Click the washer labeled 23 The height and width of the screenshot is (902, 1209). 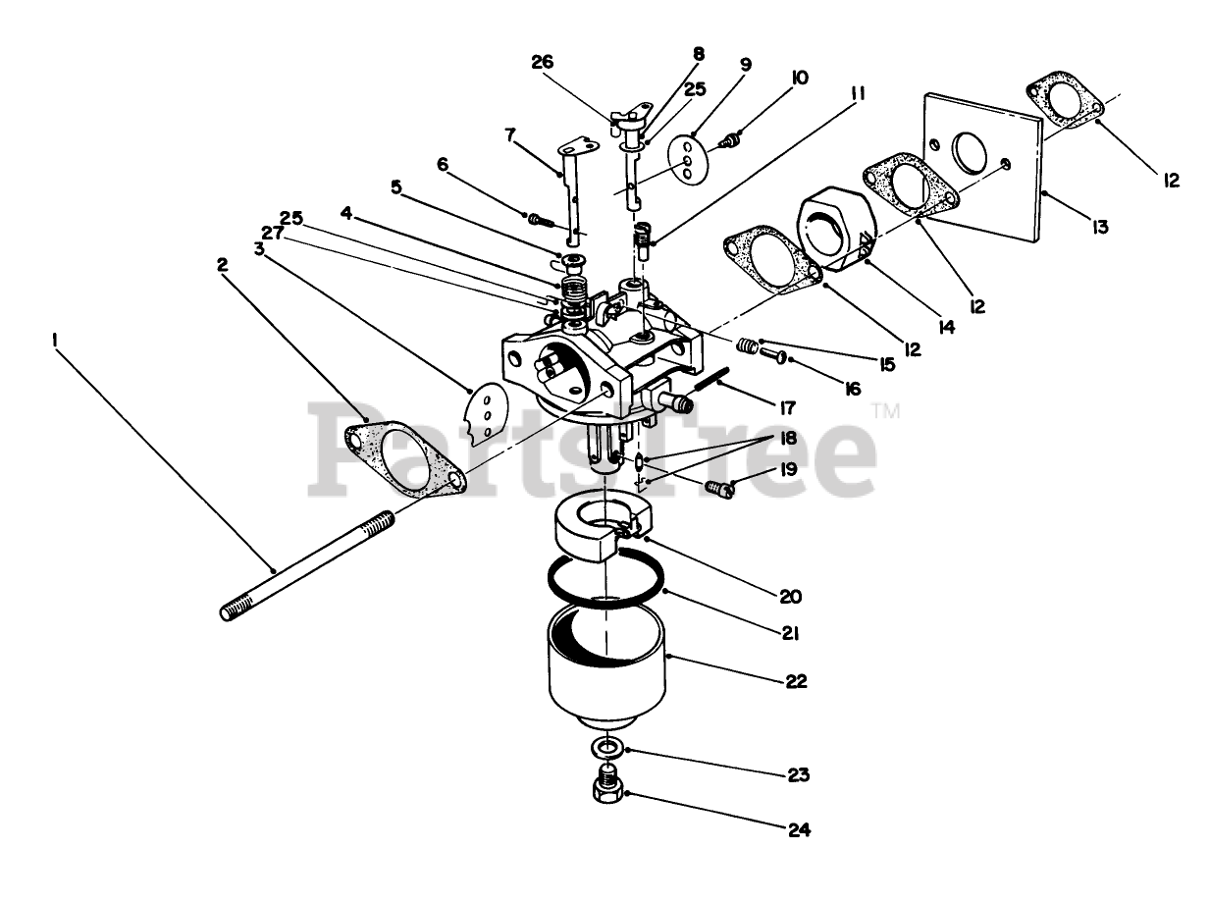(609, 750)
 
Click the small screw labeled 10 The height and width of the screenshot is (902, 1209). (729, 142)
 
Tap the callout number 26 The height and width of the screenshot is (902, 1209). (542, 63)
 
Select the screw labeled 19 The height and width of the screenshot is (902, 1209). (721, 487)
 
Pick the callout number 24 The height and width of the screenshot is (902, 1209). (799, 829)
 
